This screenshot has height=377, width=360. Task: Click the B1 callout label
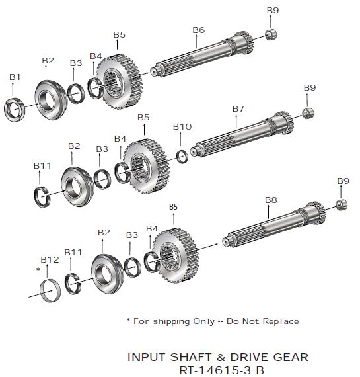[15, 77]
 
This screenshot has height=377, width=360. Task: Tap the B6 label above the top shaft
[199, 30]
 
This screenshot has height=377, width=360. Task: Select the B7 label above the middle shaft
[238, 109]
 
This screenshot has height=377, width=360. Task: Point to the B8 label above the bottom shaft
[271, 200]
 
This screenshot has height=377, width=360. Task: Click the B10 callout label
[182, 127]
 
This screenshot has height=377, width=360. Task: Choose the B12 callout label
[50, 260]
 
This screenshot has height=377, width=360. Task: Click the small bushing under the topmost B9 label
[271, 34]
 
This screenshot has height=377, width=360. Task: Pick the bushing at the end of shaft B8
[342, 205]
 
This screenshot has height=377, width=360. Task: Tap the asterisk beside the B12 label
[38, 269]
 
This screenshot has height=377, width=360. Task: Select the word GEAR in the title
[291, 357]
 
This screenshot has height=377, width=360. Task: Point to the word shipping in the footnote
[171, 321]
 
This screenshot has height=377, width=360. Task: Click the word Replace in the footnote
[281, 321]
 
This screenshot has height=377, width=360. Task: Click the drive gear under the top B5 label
[120, 82]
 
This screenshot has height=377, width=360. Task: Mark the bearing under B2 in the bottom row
[108, 274]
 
